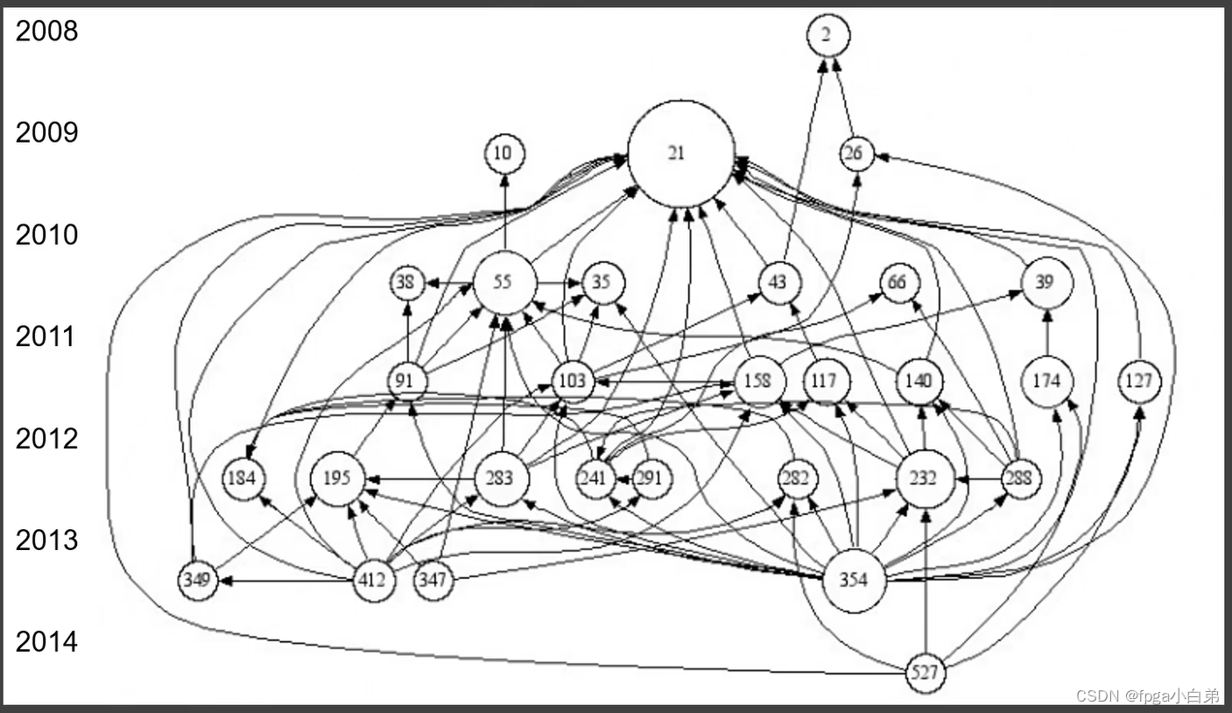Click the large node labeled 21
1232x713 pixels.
(x=680, y=153)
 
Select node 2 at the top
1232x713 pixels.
(x=827, y=35)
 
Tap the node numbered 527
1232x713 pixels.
(x=926, y=674)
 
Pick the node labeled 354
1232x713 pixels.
(x=855, y=579)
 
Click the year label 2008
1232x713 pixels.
(x=46, y=32)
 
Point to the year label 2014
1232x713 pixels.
(x=46, y=642)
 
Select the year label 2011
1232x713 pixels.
(x=46, y=336)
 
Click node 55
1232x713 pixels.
(x=504, y=282)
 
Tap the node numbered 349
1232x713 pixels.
(x=198, y=580)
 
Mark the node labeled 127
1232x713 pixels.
(x=1139, y=382)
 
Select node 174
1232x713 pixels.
(x=1046, y=382)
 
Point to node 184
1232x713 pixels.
(x=244, y=478)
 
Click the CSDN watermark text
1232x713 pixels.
(x=1147, y=696)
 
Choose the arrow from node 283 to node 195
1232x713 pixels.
(x=420, y=479)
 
